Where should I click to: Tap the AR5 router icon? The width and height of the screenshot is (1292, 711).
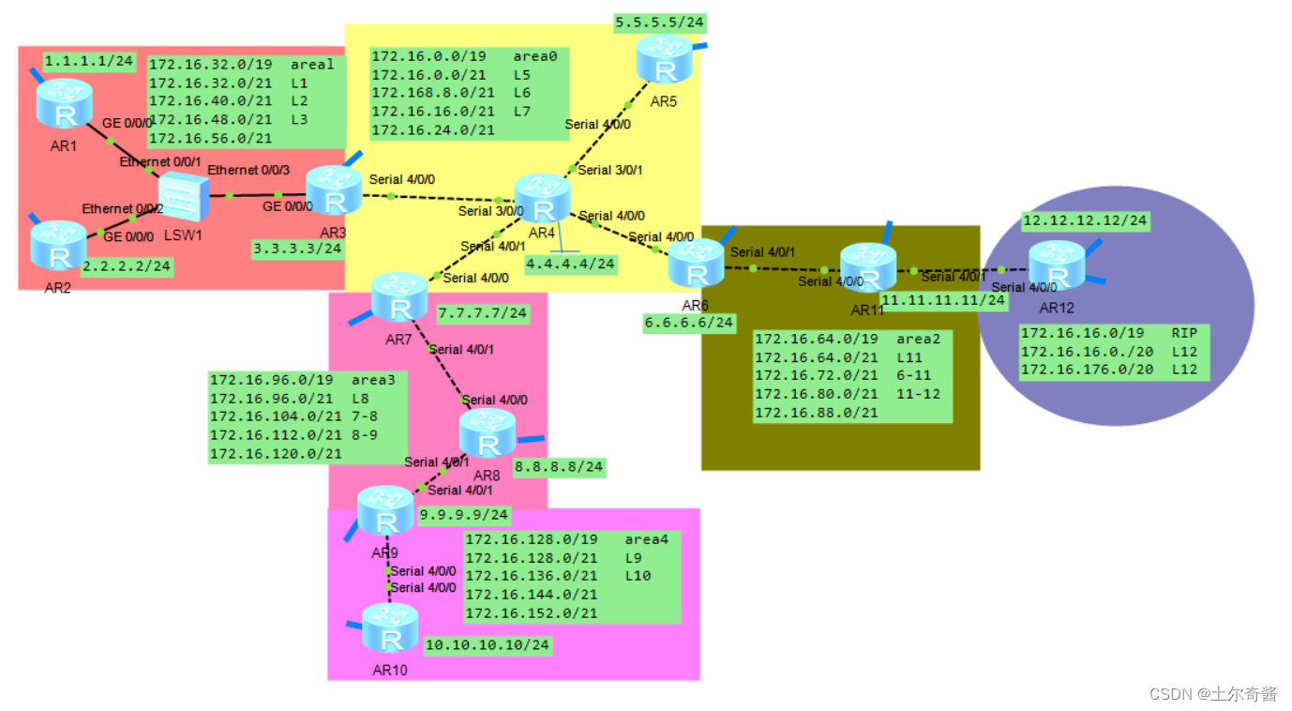pos(665,59)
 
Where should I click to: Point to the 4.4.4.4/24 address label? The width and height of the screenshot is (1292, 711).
pos(570,264)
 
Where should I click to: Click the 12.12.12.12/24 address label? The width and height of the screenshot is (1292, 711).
pos(1085,220)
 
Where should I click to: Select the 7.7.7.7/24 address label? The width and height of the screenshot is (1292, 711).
pos(483,312)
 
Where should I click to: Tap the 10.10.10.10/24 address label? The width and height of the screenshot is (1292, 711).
pos(487,645)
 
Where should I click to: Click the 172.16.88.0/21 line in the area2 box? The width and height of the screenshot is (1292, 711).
pos(817,412)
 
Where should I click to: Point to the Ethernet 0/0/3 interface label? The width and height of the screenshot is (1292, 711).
pos(248,170)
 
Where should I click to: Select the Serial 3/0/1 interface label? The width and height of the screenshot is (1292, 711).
pos(609,170)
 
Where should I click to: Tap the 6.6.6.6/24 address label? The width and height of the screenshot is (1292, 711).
pos(688,323)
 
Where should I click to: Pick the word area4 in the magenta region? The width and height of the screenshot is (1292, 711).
pos(646,539)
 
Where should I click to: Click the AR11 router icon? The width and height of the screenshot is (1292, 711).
pos(868,266)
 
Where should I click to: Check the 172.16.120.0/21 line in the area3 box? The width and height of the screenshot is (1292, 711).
pos(275,453)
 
